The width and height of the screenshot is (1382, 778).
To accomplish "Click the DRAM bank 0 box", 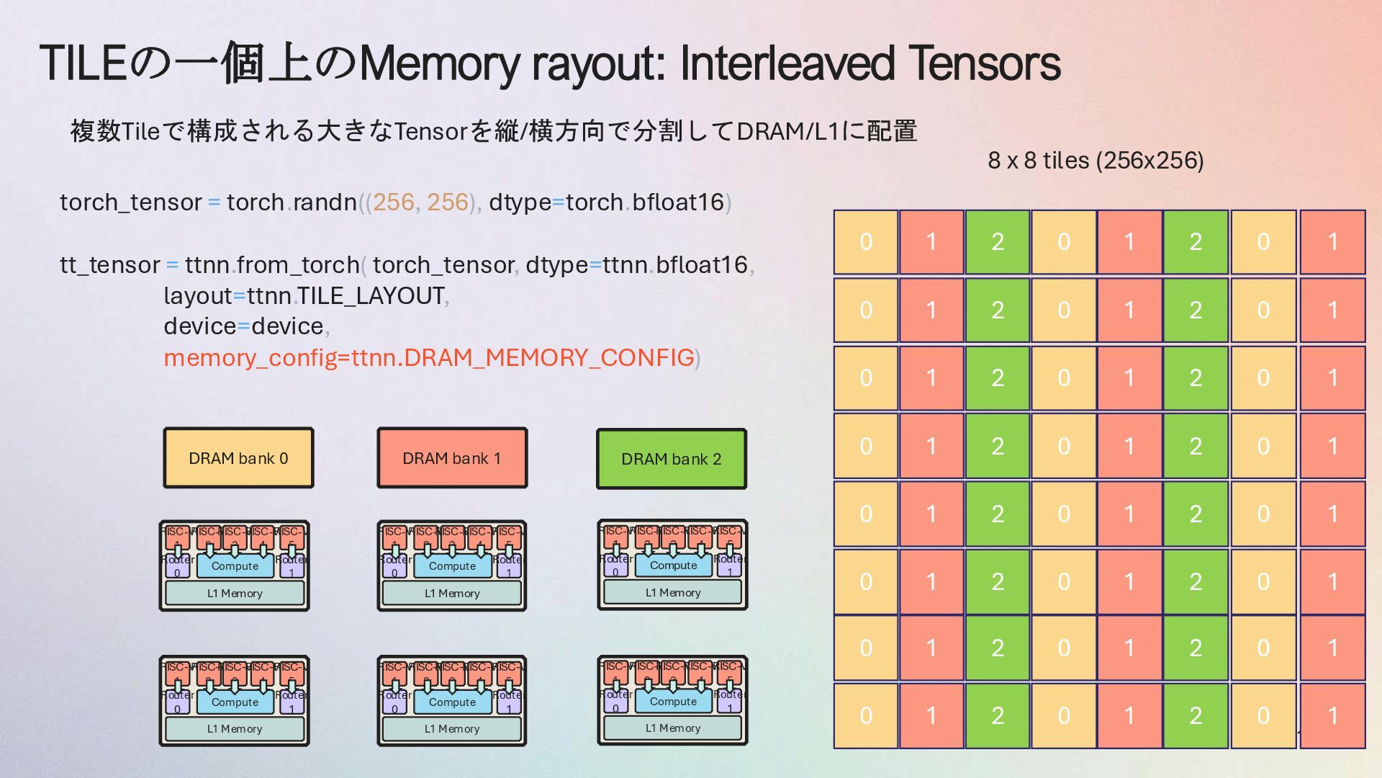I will pos(238,458).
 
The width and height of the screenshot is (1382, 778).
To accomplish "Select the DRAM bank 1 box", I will pos(452,458).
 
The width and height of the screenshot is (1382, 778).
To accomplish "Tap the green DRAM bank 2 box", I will pos(671,459).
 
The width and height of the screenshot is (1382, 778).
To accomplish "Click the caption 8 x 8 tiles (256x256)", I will pos(1096,160).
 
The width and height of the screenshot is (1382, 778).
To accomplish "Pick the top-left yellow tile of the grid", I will pos(866,242).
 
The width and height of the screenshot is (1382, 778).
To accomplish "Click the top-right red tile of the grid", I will pos(1332,242).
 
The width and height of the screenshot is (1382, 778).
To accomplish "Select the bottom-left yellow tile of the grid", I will pos(866,715).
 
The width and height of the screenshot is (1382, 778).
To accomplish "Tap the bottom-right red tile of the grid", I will pos(1332,715).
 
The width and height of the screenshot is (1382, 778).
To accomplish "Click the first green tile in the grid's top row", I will pos(997,242).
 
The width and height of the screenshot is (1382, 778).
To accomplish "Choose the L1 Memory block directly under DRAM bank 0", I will pos(235,593).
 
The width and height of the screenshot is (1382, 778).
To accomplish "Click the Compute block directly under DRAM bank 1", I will pos(452,566).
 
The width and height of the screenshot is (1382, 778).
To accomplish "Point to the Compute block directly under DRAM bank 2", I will pos(673,565).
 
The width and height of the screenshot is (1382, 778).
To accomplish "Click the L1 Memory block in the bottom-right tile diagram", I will pos(672,728).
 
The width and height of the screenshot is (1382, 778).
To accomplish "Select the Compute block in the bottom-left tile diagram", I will pos(235,702).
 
